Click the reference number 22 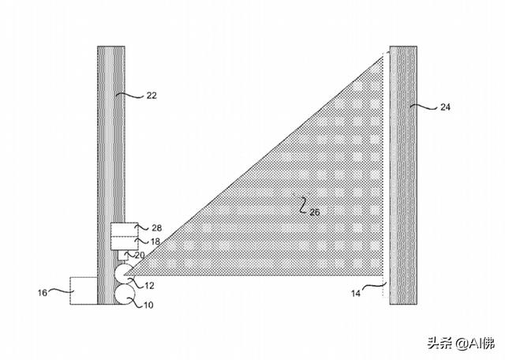point(151,96)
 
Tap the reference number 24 point(445,107)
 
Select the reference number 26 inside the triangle point(315,212)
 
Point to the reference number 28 point(156,228)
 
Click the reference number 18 point(155,241)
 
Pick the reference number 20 point(140,255)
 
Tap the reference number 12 point(149,285)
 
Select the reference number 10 point(148,305)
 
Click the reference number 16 point(43,293)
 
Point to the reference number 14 point(356,293)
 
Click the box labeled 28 point(125,230)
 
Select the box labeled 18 point(125,243)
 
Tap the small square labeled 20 point(124,255)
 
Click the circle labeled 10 point(125,294)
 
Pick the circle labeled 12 point(124,274)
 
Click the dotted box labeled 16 point(84,291)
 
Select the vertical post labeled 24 point(403,175)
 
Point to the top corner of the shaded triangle point(383,56)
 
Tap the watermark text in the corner point(461,343)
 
